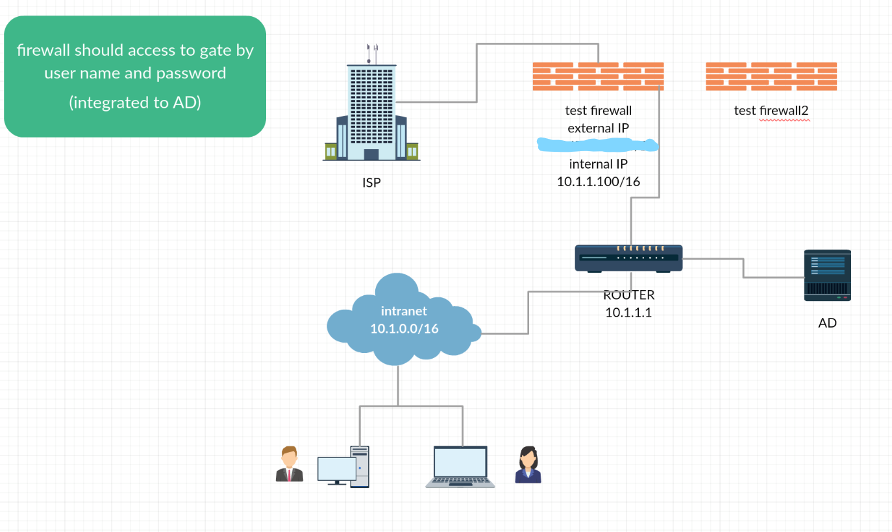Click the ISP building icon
coord(371,110)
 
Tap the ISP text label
coord(371,183)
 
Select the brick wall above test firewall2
coord(771,77)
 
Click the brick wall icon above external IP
coord(598,77)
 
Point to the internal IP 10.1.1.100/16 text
coord(599,182)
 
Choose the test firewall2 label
coord(771,110)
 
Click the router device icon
coord(628,258)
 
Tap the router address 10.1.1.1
coord(628,312)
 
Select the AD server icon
coord(827,275)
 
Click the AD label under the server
coord(827,322)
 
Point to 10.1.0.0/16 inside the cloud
coord(404,328)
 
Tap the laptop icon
coord(460,466)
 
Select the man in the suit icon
coord(289,465)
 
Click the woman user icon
coord(527,465)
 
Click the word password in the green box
coord(190,73)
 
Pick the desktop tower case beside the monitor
coord(360,466)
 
